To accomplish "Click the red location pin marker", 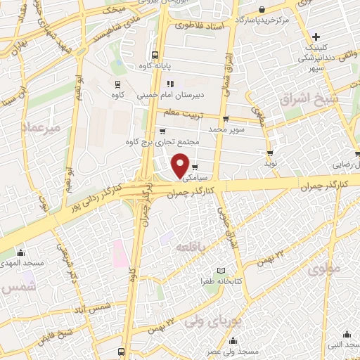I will [181, 165].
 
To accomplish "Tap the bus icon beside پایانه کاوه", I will [155, 55].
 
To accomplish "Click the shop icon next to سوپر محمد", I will [225, 118].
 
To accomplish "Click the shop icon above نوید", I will [270, 152].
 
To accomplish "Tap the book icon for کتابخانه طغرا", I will [221, 271].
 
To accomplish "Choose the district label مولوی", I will [324, 267].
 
